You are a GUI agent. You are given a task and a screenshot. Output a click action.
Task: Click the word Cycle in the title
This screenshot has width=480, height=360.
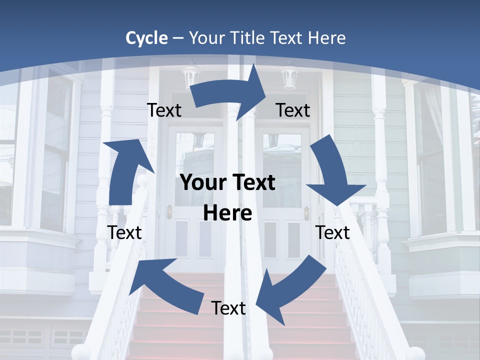point(146,38)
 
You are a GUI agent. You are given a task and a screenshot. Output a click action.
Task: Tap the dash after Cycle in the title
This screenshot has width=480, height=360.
point(177,38)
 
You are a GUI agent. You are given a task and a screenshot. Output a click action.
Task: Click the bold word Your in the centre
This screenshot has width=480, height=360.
point(200,183)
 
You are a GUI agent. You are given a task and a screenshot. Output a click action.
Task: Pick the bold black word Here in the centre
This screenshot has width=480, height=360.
point(227,213)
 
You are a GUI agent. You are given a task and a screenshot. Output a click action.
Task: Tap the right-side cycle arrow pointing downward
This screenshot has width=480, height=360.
point(332,175)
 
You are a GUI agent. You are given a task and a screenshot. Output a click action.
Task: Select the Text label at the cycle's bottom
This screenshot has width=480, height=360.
point(228,308)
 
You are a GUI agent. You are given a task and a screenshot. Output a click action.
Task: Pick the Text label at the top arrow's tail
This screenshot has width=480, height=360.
point(164,110)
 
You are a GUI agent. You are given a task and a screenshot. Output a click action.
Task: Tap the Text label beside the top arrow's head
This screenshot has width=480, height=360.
point(293,110)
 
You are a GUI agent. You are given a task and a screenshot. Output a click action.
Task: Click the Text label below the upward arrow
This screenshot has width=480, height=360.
point(124,232)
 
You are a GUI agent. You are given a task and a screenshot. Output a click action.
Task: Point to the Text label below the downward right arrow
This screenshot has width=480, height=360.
point(332,232)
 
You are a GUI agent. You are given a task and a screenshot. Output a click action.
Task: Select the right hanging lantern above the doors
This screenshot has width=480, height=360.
point(289,77)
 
